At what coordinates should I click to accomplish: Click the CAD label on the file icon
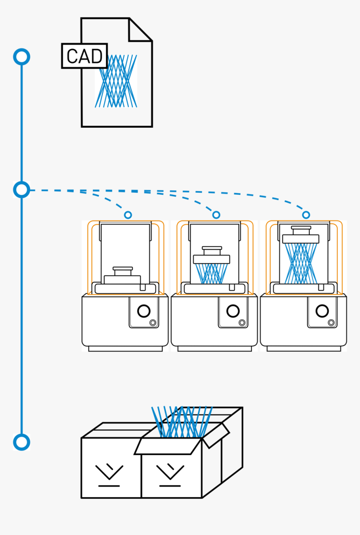(84, 56)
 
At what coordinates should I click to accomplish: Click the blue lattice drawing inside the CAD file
(116, 81)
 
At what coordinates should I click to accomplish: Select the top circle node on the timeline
(21, 57)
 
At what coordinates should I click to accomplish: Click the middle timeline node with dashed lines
(21, 190)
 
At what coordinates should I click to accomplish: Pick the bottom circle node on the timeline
(21, 442)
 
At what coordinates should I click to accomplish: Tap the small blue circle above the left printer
(128, 215)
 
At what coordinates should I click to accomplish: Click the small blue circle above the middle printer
(216, 215)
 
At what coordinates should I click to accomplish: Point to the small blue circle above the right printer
(306, 215)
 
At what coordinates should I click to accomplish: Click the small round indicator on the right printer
(331, 323)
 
